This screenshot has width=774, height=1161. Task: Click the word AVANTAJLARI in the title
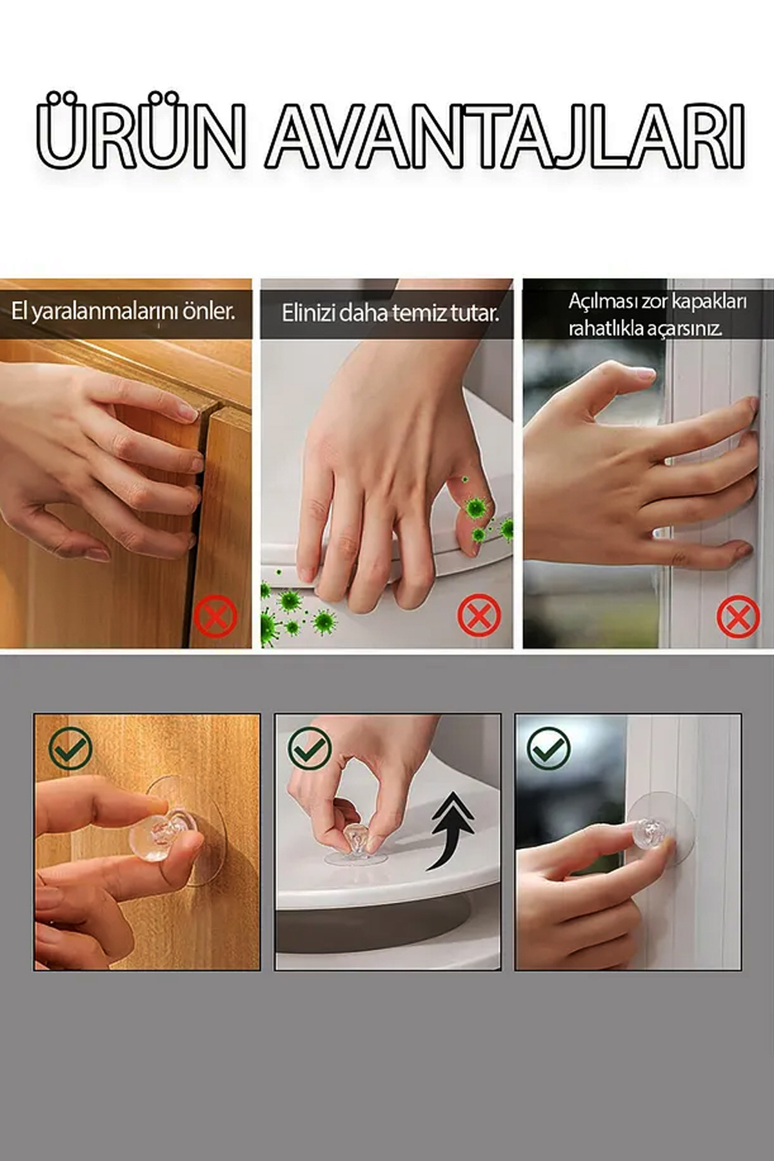pyautogui.click(x=506, y=135)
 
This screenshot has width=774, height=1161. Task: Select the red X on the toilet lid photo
pyautogui.click(x=479, y=616)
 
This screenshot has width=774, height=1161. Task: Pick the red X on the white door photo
pyautogui.click(x=738, y=617)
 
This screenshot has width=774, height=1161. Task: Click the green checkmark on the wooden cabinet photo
pyautogui.click(x=70, y=748)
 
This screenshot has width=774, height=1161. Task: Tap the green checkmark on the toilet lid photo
pyautogui.click(x=310, y=748)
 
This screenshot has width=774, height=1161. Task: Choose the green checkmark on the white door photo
pyautogui.click(x=548, y=748)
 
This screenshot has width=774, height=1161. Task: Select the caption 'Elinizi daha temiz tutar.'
pyautogui.click(x=390, y=313)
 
